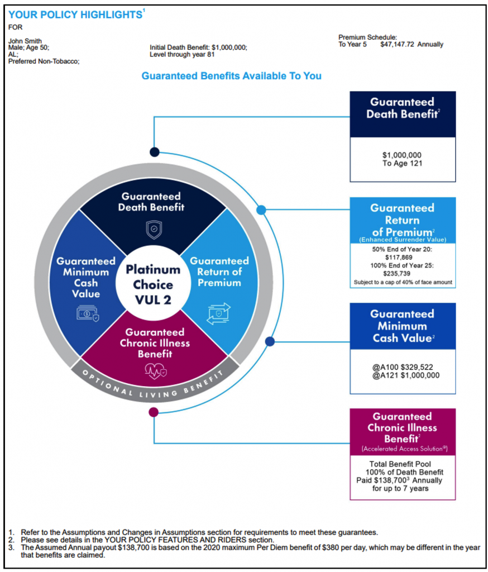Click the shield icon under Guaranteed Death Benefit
click(154, 230)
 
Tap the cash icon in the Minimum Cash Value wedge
click(88, 313)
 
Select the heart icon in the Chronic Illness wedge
click(156, 371)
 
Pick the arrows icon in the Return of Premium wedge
click(219, 313)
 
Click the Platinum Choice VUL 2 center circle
click(153, 284)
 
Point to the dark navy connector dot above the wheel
click(154, 152)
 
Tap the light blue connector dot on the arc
click(261, 210)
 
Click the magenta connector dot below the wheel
click(154, 412)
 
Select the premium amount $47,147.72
click(397, 45)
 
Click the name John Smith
click(25, 41)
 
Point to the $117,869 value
click(399, 257)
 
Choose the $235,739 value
click(397, 273)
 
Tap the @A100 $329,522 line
click(403, 367)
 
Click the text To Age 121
click(402, 163)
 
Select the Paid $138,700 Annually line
click(399, 480)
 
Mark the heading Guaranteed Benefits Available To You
click(232, 76)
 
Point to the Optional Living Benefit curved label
click(153, 385)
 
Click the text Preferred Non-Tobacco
click(44, 61)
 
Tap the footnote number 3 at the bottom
click(11, 547)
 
